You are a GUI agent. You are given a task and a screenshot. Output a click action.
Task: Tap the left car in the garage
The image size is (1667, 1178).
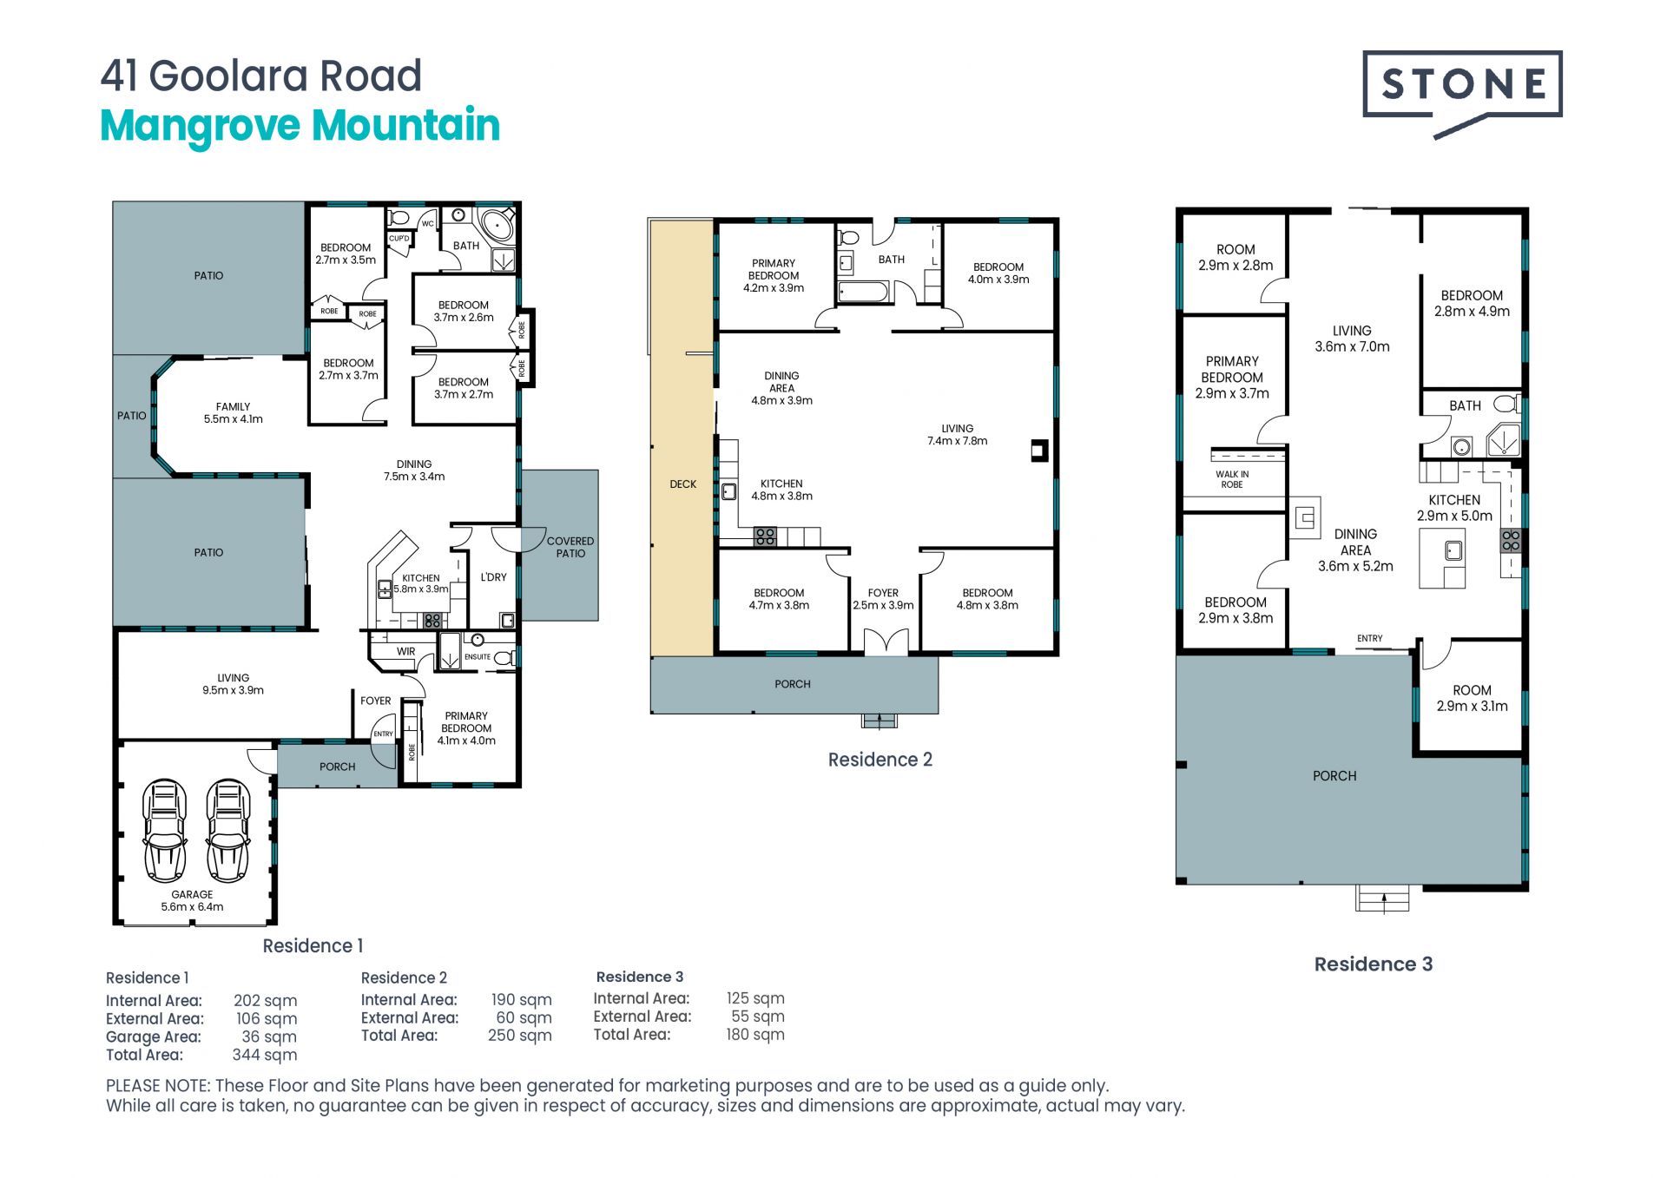[165, 831]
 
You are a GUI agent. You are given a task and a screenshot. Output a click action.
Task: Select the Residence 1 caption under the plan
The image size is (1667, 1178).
[313, 945]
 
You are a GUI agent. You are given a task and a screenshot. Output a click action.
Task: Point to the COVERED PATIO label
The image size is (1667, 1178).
[570, 547]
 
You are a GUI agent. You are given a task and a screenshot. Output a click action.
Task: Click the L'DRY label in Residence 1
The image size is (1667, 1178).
[493, 577]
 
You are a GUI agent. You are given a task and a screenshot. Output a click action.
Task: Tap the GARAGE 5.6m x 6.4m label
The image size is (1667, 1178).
[192, 900]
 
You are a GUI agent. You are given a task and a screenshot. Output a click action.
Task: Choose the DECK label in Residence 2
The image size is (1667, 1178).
[683, 484]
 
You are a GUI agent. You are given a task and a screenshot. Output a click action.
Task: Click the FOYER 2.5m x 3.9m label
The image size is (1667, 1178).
[883, 599]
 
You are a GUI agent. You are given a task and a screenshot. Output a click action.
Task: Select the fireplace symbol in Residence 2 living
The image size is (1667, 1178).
[1038, 451]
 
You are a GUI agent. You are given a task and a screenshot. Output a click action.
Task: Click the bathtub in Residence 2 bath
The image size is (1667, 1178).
[864, 292]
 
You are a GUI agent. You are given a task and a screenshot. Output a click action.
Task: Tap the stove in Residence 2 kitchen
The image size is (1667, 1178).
[765, 536]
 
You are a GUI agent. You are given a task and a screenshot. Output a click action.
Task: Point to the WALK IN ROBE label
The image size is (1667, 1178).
[1232, 479]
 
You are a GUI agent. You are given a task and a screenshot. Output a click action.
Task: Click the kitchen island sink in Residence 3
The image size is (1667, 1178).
[1453, 550]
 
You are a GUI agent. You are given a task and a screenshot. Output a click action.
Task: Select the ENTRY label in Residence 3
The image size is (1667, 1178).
[1370, 639]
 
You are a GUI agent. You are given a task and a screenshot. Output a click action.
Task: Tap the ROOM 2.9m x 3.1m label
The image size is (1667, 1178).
[1472, 698]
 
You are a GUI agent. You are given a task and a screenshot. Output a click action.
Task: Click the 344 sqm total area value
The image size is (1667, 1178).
[265, 1055]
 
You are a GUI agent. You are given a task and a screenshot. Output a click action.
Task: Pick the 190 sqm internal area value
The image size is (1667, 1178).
[521, 1000]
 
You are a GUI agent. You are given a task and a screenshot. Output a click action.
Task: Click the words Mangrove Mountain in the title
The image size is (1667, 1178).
[300, 126]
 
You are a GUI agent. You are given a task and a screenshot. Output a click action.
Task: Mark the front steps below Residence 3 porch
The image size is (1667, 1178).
[1382, 898]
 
